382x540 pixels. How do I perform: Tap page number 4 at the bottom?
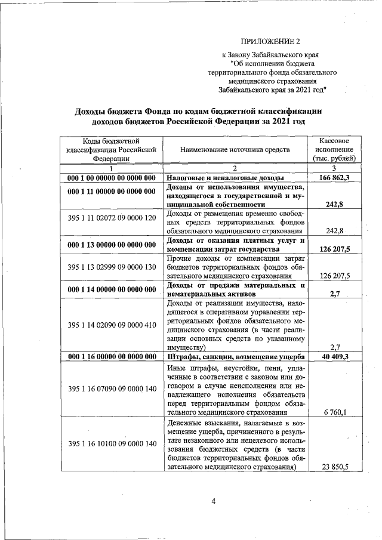pyautogui.click(x=212, y=501)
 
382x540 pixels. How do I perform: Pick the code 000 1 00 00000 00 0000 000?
pyautogui.click(x=111, y=178)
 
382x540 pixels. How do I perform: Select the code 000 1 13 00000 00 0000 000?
pyautogui.click(x=111, y=244)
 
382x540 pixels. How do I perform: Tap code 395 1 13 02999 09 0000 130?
pyautogui.click(x=111, y=267)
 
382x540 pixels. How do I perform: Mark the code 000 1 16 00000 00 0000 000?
pyautogui.click(x=111, y=357)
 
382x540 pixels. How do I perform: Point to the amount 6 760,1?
pyautogui.click(x=335, y=412)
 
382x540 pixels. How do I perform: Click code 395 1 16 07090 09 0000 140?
pyautogui.click(x=111, y=389)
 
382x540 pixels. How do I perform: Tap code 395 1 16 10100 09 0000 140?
pyautogui.click(x=111, y=444)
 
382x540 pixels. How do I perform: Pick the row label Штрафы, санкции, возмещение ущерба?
pyautogui.click(x=235, y=357)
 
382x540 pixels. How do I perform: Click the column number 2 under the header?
pyautogui.click(x=235, y=168)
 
